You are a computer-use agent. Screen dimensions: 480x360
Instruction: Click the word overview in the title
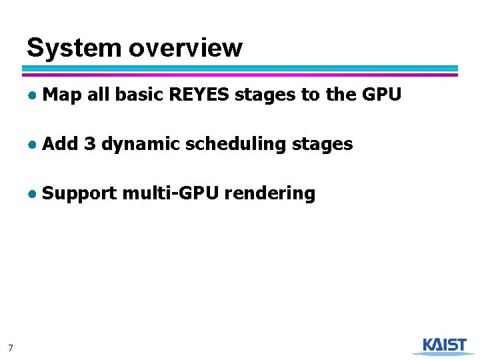tap(185, 48)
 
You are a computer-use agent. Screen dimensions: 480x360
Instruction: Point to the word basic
tap(139, 95)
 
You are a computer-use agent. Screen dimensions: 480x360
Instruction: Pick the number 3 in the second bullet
tap(91, 143)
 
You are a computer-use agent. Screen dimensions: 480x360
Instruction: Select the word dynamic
tap(141, 145)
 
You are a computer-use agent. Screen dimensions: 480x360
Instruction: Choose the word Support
tap(79, 194)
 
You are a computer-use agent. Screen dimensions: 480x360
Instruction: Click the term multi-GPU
tap(171, 193)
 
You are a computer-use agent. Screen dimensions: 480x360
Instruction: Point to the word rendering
tap(270, 194)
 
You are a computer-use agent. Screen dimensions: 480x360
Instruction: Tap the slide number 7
tap(10, 347)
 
